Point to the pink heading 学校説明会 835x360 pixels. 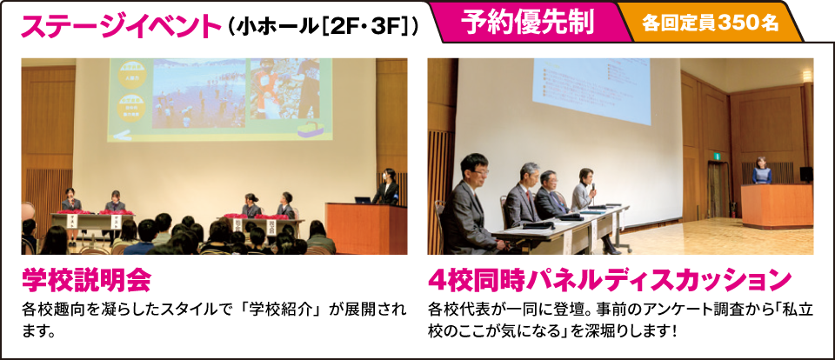coord(87,280)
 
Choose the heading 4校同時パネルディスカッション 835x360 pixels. coord(609,280)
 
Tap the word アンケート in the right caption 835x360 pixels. coord(637,310)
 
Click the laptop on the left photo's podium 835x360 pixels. coord(364,199)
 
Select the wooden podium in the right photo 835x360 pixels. coord(775,205)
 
